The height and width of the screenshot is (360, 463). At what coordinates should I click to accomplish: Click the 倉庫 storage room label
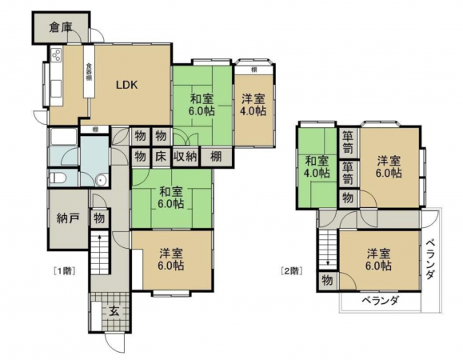point(60,27)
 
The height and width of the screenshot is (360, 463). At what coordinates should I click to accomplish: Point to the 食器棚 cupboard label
point(89,80)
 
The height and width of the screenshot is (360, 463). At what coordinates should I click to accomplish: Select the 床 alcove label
point(160,156)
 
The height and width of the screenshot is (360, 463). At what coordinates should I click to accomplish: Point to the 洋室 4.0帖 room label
point(253,106)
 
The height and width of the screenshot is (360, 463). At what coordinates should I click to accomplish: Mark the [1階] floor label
point(63,270)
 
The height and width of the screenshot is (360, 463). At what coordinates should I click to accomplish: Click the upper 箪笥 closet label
point(348,142)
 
